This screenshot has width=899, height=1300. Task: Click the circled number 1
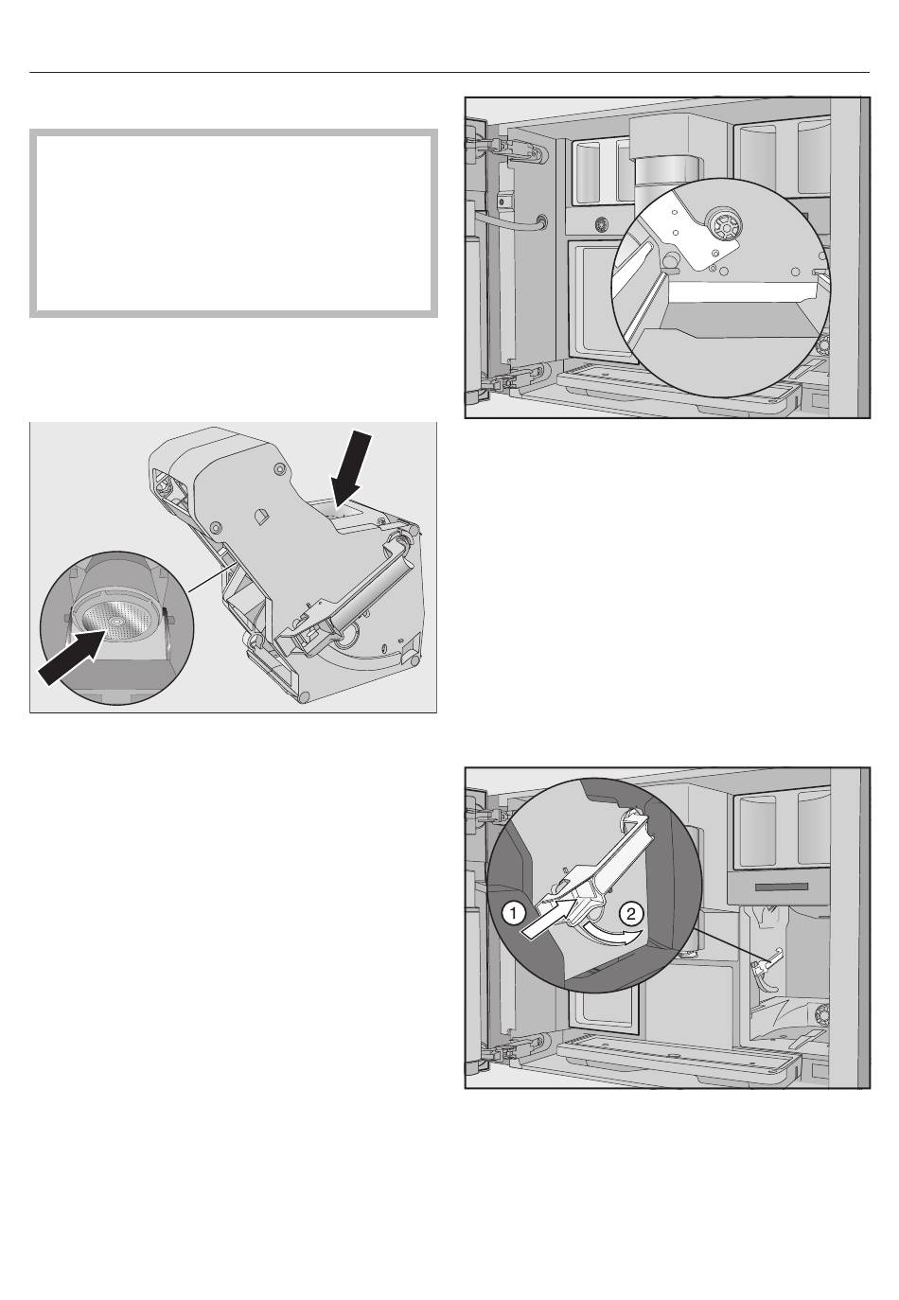(514, 914)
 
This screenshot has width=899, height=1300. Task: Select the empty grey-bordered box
(234, 223)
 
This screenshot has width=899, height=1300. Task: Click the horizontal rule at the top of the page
(449, 73)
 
